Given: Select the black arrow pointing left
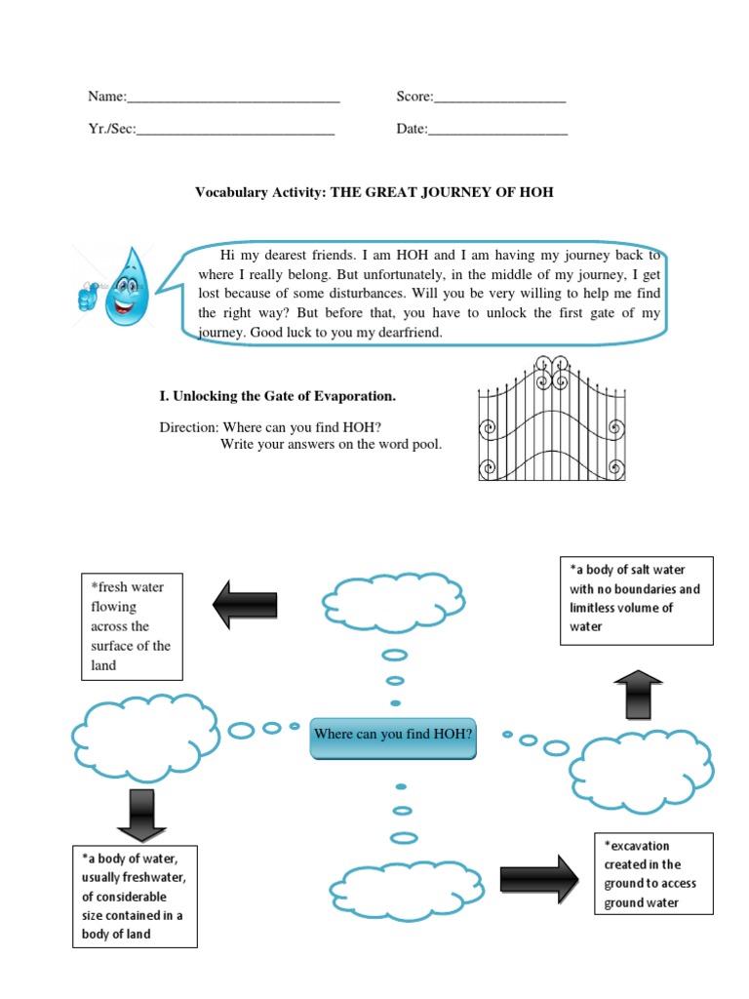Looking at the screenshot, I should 245,605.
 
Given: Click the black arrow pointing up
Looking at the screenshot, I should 639,695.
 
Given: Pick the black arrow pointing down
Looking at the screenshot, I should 140,816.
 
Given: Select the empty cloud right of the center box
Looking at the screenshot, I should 646,767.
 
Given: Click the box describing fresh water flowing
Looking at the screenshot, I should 132,625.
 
